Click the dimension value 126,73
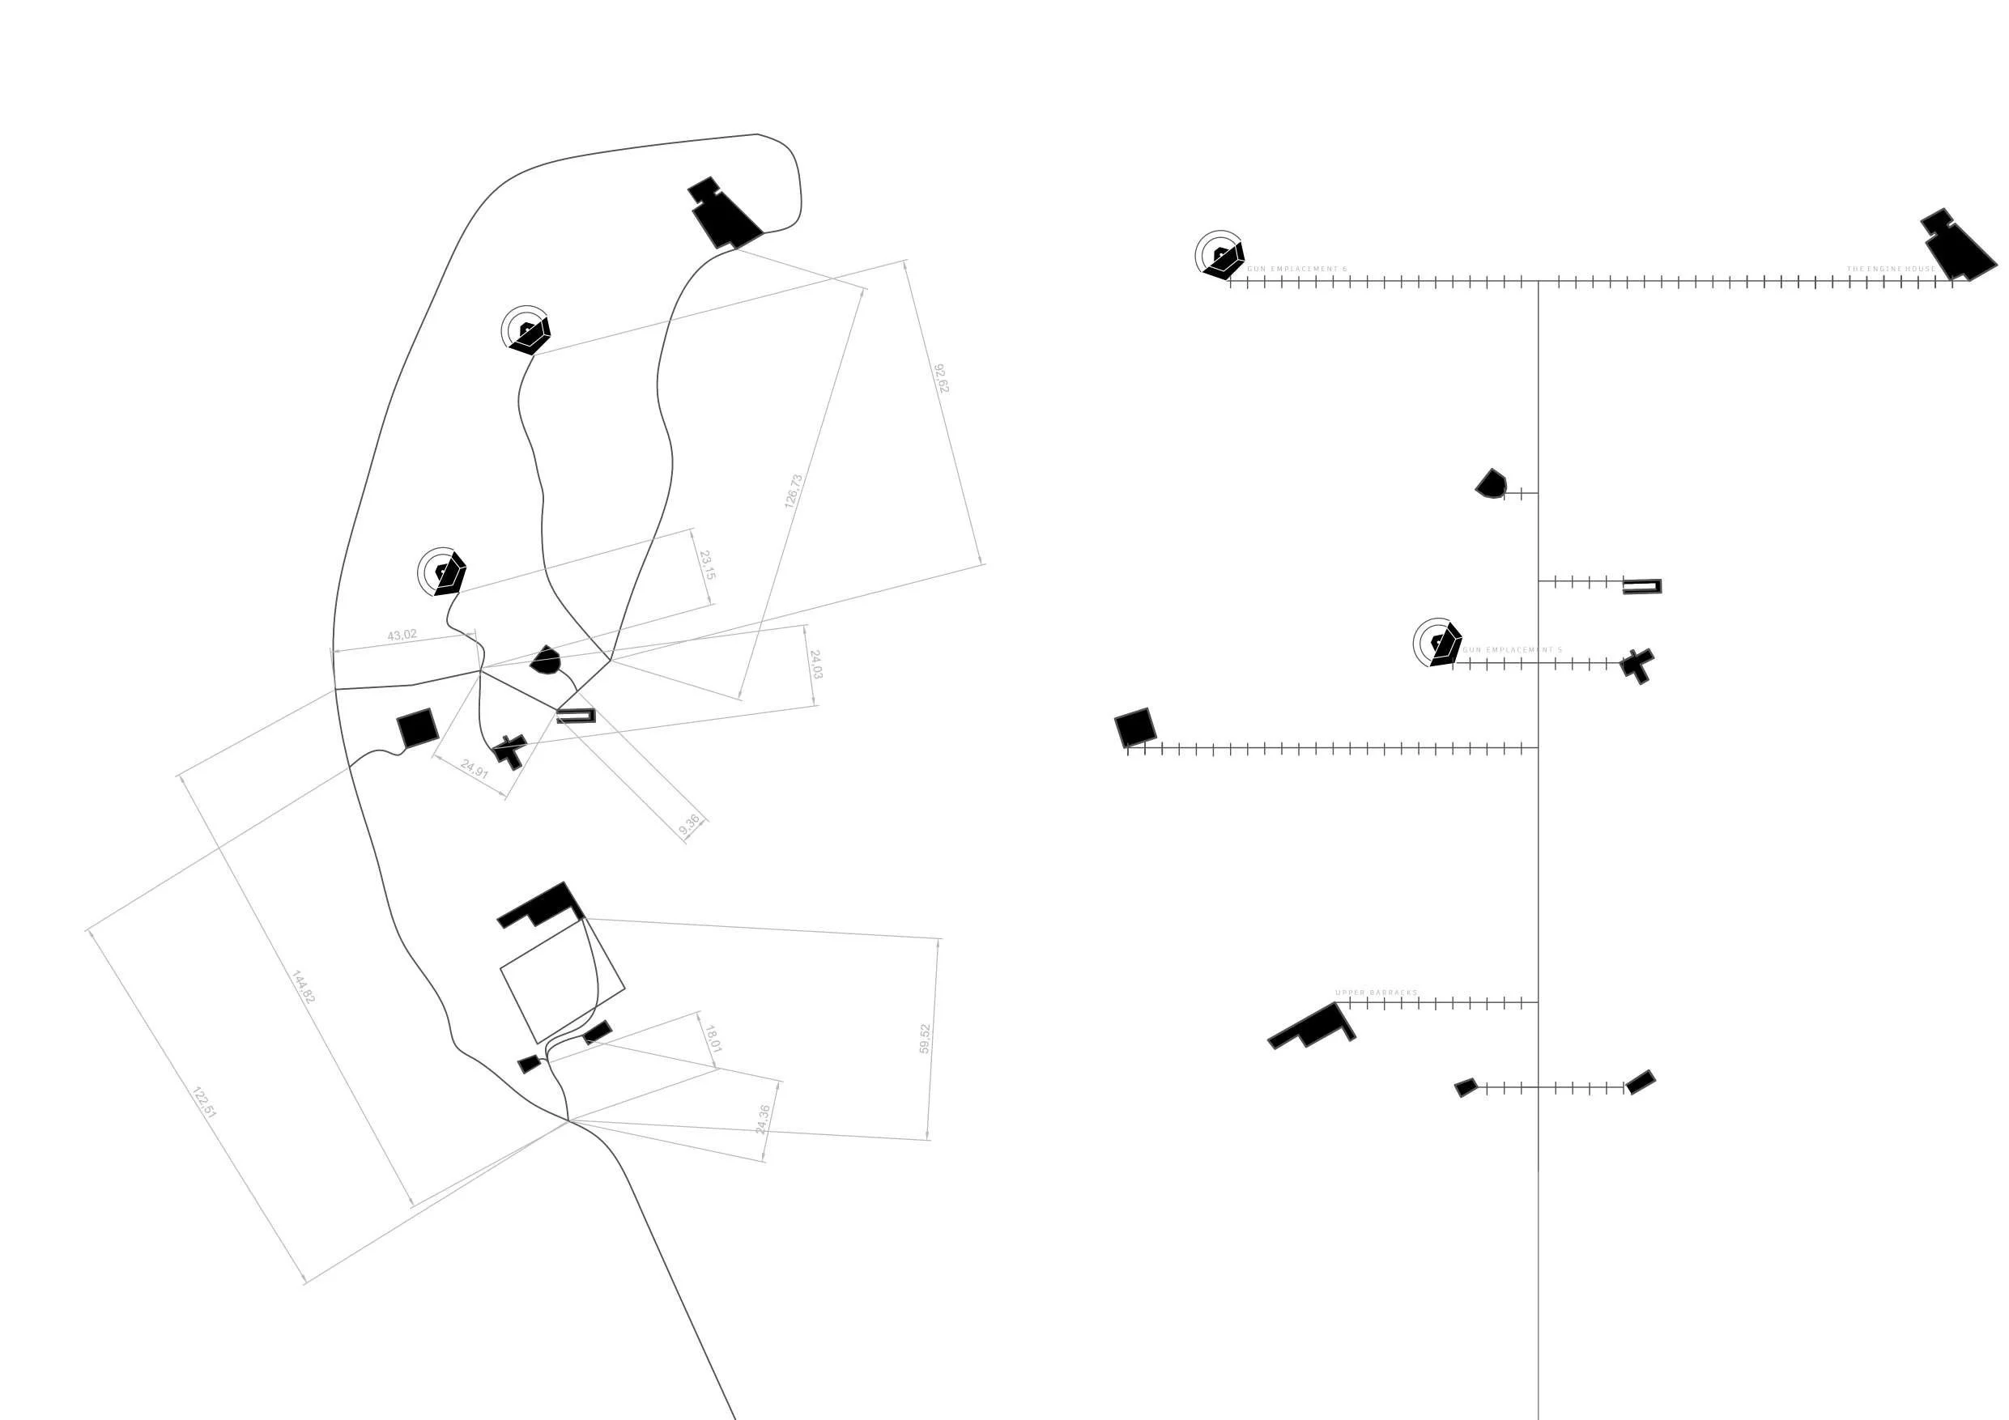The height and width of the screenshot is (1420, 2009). pyautogui.click(x=793, y=491)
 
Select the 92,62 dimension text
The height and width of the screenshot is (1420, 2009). pyautogui.click(x=941, y=378)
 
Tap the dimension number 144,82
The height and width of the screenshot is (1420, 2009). pyautogui.click(x=303, y=987)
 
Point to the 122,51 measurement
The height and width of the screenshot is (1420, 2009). pyautogui.click(x=204, y=1103)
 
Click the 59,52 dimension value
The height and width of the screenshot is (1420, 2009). pyautogui.click(x=925, y=1039)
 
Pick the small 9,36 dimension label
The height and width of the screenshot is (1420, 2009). pyautogui.click(x=689, y=824)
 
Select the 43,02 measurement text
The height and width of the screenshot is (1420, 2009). pyautogui.click(x=402, y=636)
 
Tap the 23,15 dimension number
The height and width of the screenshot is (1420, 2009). pyautogui.click(x=707, y=565)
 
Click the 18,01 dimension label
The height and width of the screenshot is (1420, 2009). pyautogui.click(x=713, y=1039)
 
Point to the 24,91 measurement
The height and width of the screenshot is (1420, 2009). pyautogui.click(x=475, y=769)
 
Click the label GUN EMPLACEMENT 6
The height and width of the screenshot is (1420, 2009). pyautogui.click(x=1296, y=270)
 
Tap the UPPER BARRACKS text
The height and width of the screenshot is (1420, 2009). pyautogui.click(x=1376, y=993)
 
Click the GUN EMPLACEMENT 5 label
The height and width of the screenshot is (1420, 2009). pyautogui.click(x=1512, y=651)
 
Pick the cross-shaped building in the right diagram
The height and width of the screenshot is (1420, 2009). pyautogui.click(x=1637, y=665)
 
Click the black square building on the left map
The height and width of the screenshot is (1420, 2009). pyautogui.click(x=417, y=728)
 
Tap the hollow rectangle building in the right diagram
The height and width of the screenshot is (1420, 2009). pyautogui.click(x=1641, y=586)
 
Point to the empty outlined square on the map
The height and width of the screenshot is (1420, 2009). pyautogui.click(x=562, y=980)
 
